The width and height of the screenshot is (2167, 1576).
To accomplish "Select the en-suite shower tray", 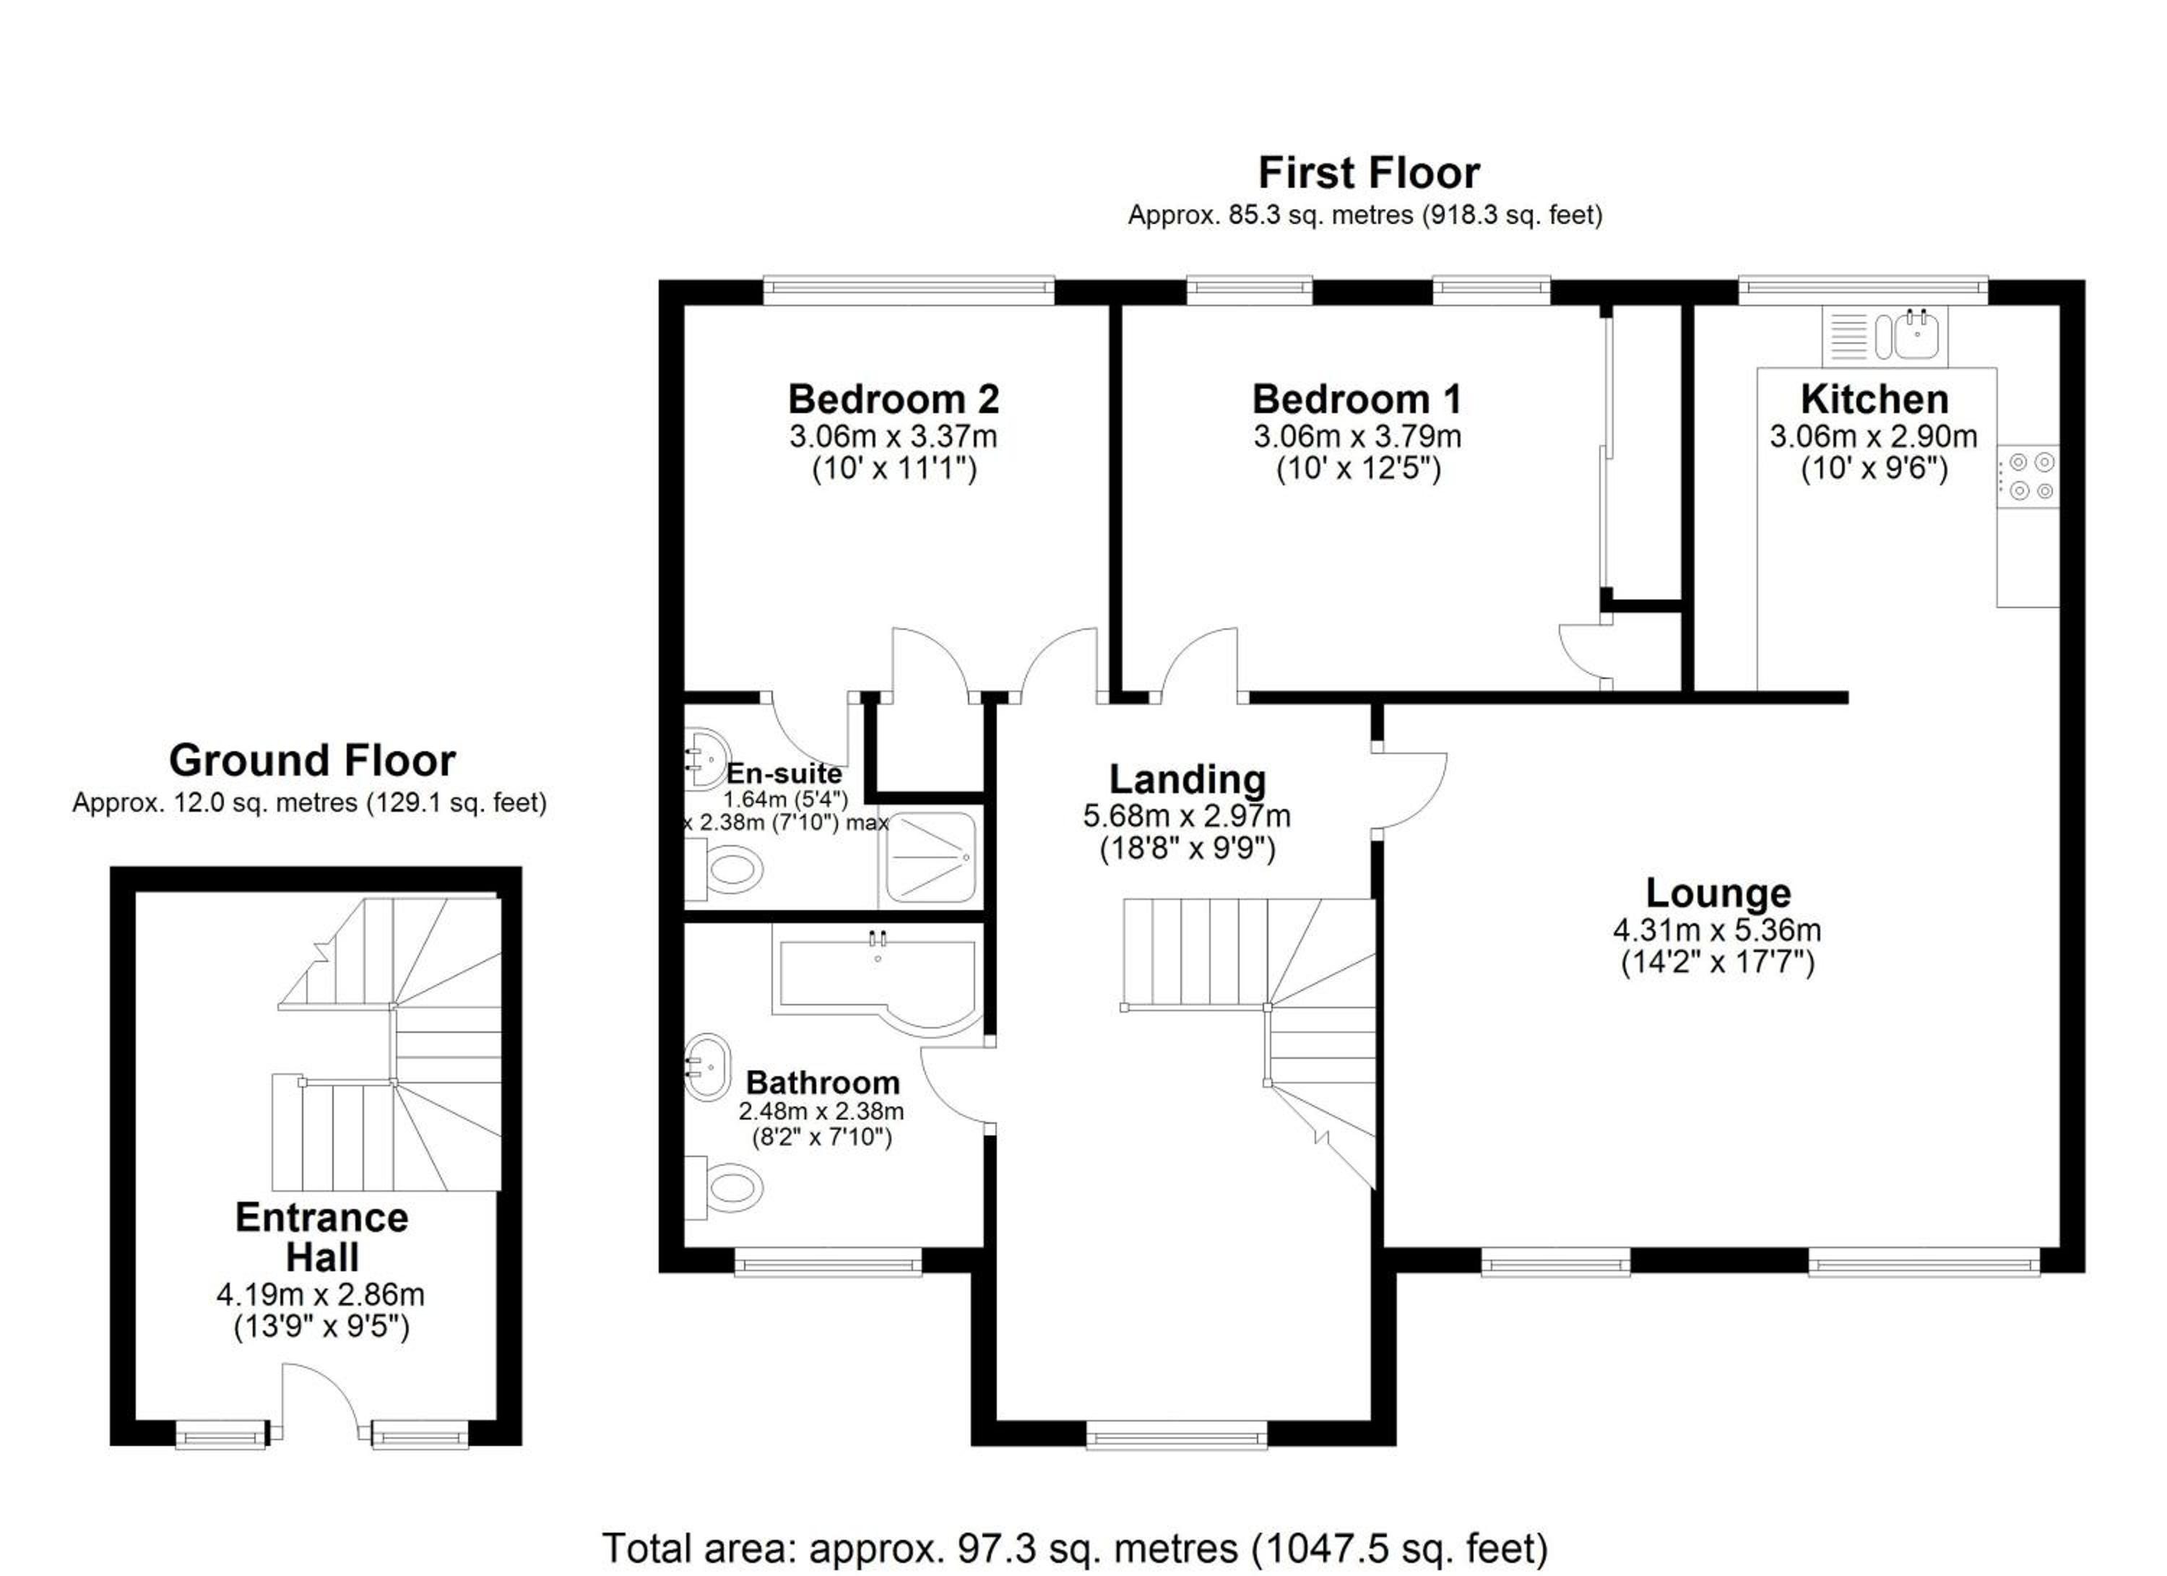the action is point(930,858).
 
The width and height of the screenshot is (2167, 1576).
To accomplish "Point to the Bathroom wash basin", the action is point(707,1067).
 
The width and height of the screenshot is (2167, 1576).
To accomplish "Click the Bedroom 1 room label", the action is point(1357,399).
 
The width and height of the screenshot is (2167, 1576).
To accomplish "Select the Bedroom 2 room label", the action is point(894,399).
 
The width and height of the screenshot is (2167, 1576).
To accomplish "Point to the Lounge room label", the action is point(1718,893).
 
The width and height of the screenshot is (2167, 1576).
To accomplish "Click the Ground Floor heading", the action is point(313,761).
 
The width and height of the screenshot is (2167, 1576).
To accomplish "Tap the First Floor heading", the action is point(1368,173).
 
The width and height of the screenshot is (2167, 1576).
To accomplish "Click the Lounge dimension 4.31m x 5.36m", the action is point(1717,930).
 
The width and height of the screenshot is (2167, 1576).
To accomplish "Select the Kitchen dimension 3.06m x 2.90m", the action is point(1874,436).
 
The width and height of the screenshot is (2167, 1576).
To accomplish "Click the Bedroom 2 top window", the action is point(909,290).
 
